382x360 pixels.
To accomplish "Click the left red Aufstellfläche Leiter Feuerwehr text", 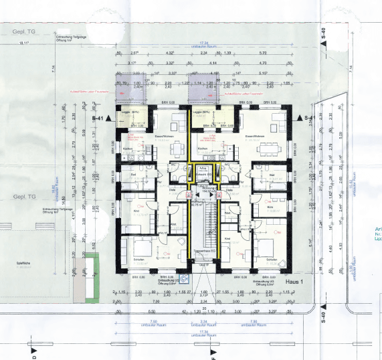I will (135, 92).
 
